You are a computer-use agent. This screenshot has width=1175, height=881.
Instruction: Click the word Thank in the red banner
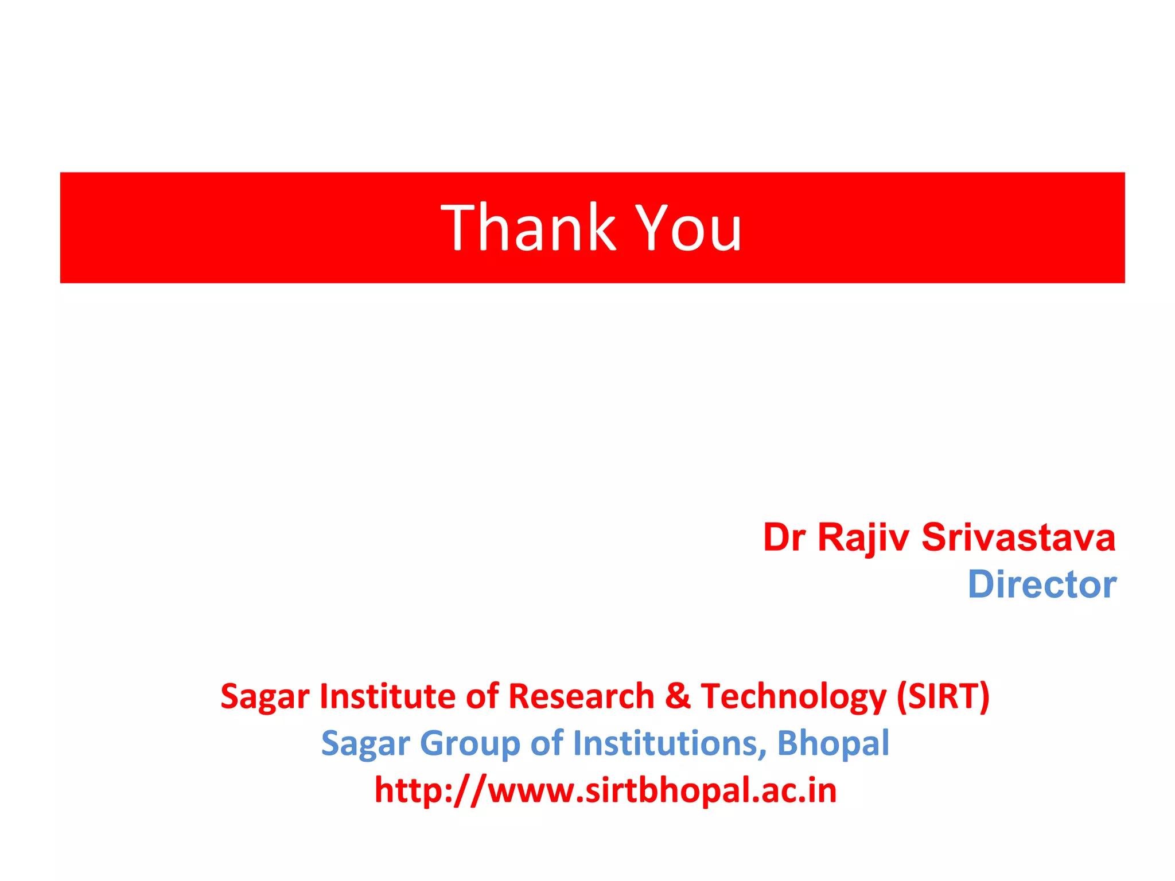528,228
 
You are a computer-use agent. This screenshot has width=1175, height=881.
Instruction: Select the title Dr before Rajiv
784,537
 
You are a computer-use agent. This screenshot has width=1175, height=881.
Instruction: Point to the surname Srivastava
1018,537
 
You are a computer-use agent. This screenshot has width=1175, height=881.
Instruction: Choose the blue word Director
1042,584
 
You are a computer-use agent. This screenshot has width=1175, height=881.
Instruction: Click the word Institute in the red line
387,696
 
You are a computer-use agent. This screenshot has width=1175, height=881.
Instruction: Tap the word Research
581,696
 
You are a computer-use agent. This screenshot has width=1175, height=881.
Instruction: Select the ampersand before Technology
678,696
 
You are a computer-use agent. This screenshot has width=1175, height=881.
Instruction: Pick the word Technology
793,696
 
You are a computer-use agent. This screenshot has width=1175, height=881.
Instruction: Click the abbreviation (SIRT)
943,696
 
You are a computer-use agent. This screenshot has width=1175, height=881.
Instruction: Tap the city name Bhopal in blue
832,743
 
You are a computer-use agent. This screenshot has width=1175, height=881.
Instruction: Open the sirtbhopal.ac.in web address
605,790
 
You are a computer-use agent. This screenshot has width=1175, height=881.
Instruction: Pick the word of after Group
547,743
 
